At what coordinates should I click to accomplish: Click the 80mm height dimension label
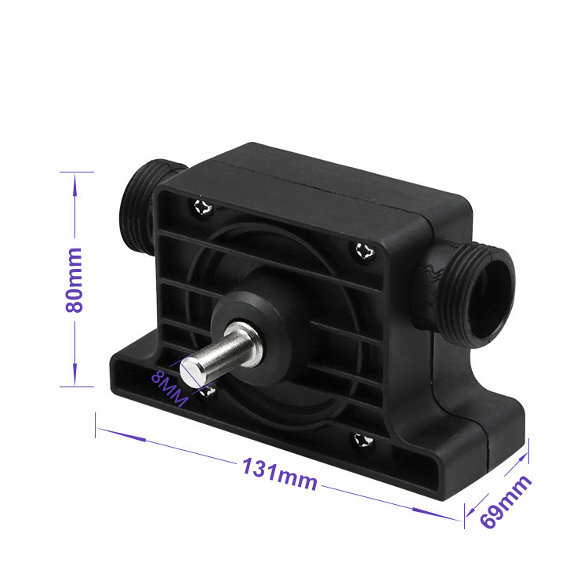(74, 280)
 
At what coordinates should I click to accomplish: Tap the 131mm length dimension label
(280, 474)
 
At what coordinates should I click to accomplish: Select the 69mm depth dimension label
(506, 502)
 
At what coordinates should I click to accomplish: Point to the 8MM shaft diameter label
(169, 389)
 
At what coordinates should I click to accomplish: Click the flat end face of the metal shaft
(191, 372)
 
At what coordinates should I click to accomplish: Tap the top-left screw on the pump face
(203, 207)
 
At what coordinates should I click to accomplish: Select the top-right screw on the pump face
(365, 251)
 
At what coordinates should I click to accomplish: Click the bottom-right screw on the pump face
(364, 440)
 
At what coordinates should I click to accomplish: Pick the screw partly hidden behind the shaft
(208, 391)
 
